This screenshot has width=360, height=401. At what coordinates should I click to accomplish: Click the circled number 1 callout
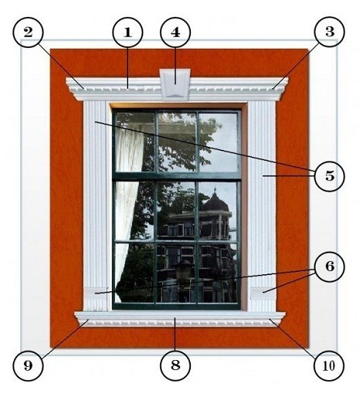[x=127, y=32]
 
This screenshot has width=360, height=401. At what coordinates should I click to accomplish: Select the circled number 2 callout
[x=28, y=32]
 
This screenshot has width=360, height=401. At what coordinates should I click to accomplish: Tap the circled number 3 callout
[x=329, y=32]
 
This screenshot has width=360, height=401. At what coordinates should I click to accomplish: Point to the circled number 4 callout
[x=175, y=32]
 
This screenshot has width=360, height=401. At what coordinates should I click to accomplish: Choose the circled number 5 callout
[x=329, y=176]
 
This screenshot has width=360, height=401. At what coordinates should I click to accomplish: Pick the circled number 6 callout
[x=330, y=267]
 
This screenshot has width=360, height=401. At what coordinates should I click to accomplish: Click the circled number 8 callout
[x=175, y=365]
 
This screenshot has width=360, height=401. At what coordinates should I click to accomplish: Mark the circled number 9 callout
[x=28, y=366]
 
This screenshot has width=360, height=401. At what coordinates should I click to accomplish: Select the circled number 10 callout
[x=329, y=366]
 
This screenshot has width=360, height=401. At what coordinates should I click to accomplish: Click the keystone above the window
[x=175, y=84]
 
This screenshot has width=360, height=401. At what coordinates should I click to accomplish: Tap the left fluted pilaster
[x=96, y=206]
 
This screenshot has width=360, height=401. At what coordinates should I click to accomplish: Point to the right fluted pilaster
[x=262, y=206]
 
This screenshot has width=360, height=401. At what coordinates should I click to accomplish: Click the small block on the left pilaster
[x=95, y=294]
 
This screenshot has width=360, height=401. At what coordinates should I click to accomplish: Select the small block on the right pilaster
[x=263, y=294]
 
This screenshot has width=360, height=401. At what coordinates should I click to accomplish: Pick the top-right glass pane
[x=218, y=142]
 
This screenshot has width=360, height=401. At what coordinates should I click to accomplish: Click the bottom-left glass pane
[x=134, y=273]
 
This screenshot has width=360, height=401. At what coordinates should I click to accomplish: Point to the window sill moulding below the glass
[x=180, y=319]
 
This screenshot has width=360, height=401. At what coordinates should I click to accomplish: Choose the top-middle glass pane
[x=177, y=142]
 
